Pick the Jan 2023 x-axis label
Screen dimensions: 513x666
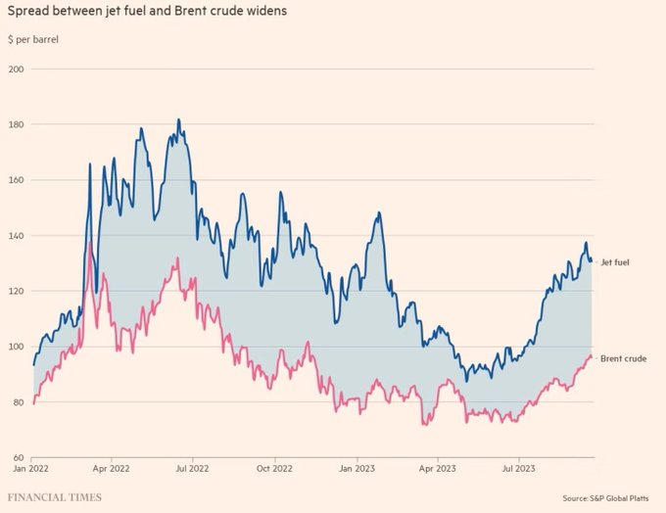356,469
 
